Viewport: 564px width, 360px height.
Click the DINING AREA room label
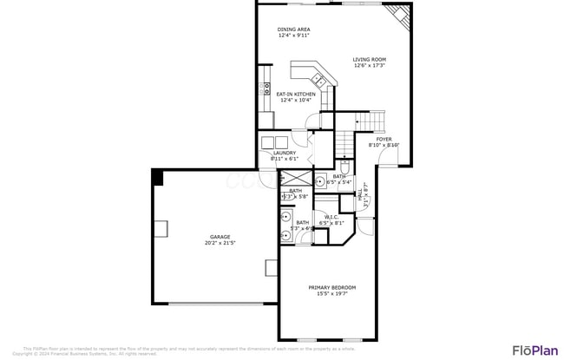(x=293, y=29)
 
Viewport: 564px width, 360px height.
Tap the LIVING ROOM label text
(x=369, y=60)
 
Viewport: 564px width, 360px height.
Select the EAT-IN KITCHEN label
(x=296, y=94)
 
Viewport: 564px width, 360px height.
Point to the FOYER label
(x=384, y=139)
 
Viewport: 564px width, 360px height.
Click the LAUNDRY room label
(x=284, y=154)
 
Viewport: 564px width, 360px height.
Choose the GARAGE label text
(x=220, y=237)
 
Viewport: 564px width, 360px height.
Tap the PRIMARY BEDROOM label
(x=331, y=287)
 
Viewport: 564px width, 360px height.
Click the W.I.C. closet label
(x=331, y=218)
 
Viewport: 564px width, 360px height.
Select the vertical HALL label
(x=359, y=198)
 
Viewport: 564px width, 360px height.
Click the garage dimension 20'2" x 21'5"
(x=220, y=244)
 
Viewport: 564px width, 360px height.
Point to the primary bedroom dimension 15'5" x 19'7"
(x=331, y=294)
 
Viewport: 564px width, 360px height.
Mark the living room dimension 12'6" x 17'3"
(x=369, y=66)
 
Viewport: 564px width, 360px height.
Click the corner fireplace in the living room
(x=397, y=15)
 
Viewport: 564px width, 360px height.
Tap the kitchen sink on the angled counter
(x=321, y=81)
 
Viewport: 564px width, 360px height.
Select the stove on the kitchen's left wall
(x=266, y=88)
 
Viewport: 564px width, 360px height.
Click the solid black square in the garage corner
(x=157, y=177)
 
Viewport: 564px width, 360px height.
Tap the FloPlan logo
(x=534, y=350)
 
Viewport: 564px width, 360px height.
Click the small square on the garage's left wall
(x=161, y=229)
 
